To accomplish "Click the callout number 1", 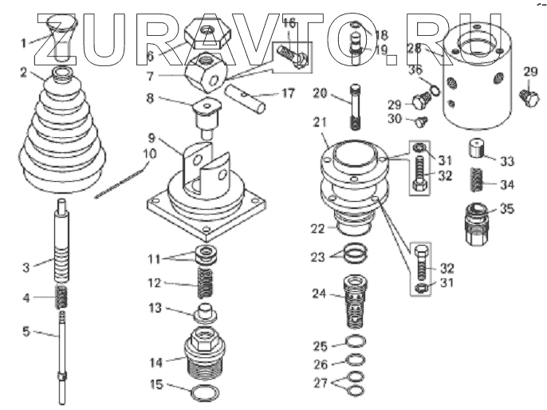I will [24, 41].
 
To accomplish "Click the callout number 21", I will [320, 121].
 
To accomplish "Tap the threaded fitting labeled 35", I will [478, 223].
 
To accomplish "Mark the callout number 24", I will [319, 294].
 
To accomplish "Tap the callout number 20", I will [320, 93].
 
